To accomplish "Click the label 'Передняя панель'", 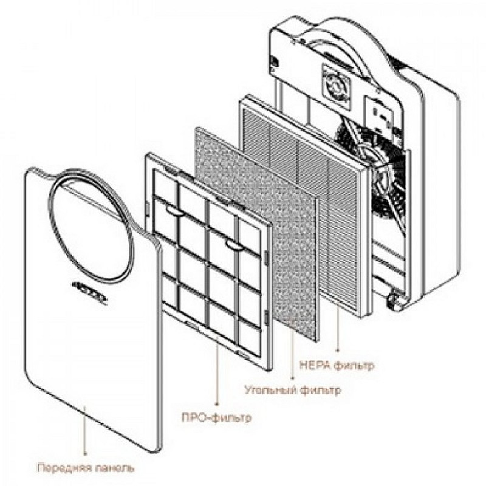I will pos(86,468).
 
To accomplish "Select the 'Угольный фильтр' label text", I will pos(292,389).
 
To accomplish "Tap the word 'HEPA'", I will pos(314,366).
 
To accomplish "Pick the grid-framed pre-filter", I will pos(207,261).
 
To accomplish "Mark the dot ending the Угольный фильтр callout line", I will pos(293,374).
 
